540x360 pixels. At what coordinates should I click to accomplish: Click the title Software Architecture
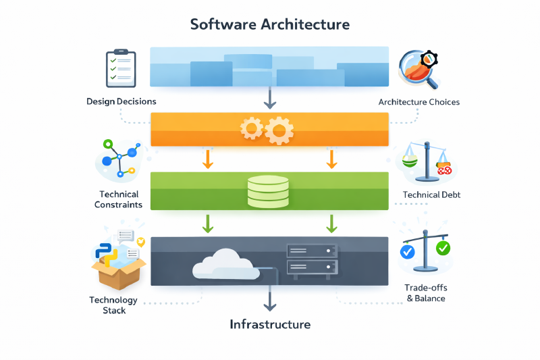point(270,24)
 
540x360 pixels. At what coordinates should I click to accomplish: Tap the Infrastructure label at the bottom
point(270,324)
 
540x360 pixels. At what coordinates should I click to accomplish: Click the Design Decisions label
point(122,101)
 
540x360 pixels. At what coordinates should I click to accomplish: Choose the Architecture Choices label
point(419,102)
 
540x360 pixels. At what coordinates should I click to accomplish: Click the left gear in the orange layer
point(252,128)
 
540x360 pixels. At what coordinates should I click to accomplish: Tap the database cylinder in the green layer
point(269,190)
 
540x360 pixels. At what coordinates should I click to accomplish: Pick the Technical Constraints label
point(119,199)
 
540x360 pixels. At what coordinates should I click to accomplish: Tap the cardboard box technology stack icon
point(117,261)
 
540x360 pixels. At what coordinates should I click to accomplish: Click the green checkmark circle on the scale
point(443,248)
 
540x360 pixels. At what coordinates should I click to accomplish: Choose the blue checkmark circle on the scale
point(407,252)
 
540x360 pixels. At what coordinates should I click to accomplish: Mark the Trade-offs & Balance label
point(425,292)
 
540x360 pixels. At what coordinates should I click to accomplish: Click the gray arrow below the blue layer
point(270,99)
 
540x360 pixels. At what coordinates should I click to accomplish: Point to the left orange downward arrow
point(208,159)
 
